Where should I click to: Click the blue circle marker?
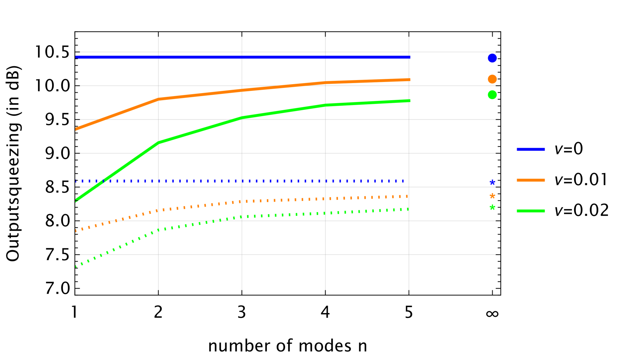click(x=492, y=58)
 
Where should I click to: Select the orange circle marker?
click(x=492, y=79)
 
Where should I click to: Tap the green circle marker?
click(x=492, y=95)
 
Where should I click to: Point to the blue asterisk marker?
click(x=492, y=182)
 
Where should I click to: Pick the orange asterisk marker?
click(x=492, y=196)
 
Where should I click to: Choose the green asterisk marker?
click(x=492, y=207)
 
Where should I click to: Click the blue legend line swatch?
click(x=531, y=149)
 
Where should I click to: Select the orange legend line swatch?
click(x=531, y=180)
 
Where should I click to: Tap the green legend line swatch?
click(x=531, y=211)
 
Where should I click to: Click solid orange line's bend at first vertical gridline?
click(x=158, y=99)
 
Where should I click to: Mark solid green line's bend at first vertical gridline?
click(x=158, y=143)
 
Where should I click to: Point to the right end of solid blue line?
click(x=410, y=57)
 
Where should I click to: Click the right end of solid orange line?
click(x=410, y=80)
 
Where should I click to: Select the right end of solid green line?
click(x=410, y=101)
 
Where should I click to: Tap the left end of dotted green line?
click(x=76, y=266)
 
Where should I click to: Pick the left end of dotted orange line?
click(x=76, y=231)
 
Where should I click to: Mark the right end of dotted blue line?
click(x=403, y=181)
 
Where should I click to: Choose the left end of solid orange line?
click(x=76, y=129)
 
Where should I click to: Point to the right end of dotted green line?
click(x=408, y=209)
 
